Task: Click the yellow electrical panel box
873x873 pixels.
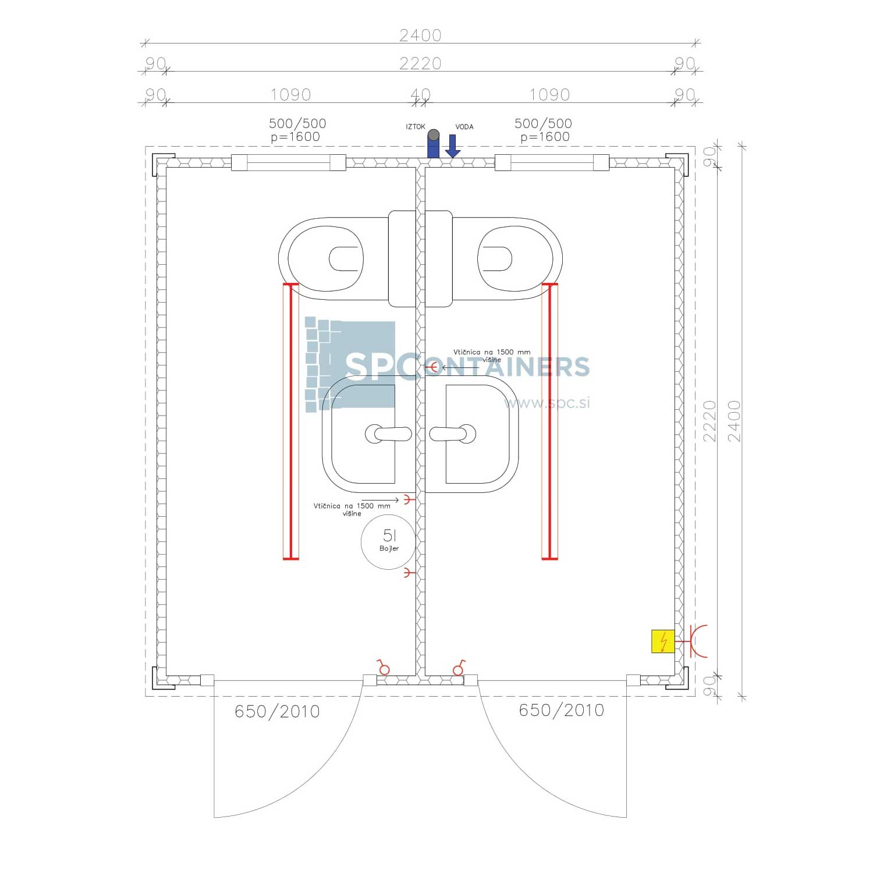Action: click(663, 641)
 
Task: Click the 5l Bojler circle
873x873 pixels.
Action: click(389, 541)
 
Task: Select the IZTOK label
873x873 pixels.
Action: click(416, 127)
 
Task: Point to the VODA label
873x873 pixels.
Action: click(464, 127)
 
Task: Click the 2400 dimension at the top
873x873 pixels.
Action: click(420, 36)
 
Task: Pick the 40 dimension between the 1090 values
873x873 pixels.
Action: click(420, 94)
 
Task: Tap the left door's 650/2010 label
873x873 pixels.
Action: click(277, 711)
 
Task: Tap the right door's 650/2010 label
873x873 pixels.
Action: click(561, 710)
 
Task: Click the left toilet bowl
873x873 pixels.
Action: click(326, 259)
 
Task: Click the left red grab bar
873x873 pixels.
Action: click(290, 422)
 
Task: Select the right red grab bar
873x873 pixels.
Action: click(549, 422)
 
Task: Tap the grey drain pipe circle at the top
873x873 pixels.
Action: click(433, 135)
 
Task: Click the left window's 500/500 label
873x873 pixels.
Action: click(297, 123)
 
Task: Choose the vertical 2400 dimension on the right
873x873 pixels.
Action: click(734, 421)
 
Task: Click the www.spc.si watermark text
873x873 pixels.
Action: click(547, 402)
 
